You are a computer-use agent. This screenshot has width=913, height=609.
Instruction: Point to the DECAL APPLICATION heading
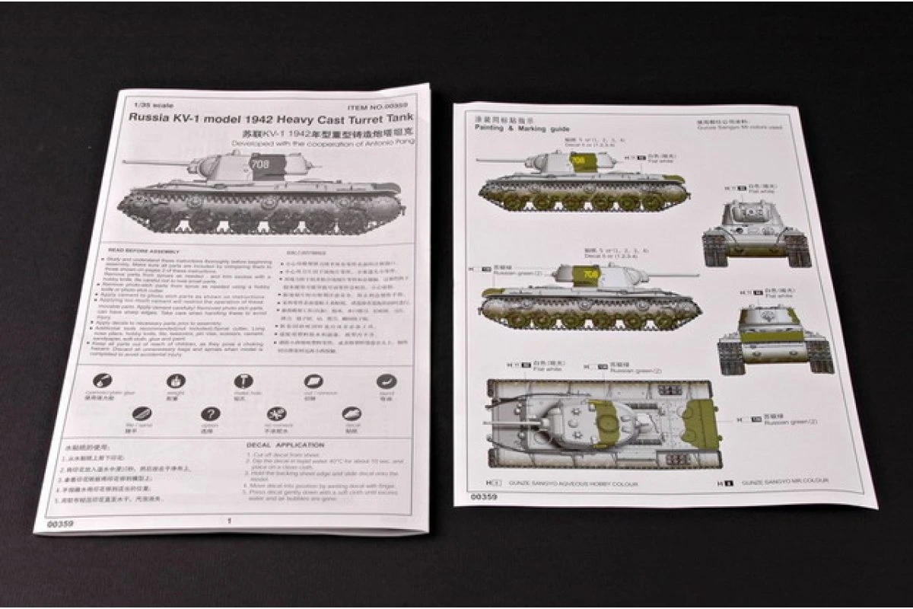tap(285, 445)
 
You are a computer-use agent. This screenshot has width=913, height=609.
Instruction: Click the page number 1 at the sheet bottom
tap(229, 521)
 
